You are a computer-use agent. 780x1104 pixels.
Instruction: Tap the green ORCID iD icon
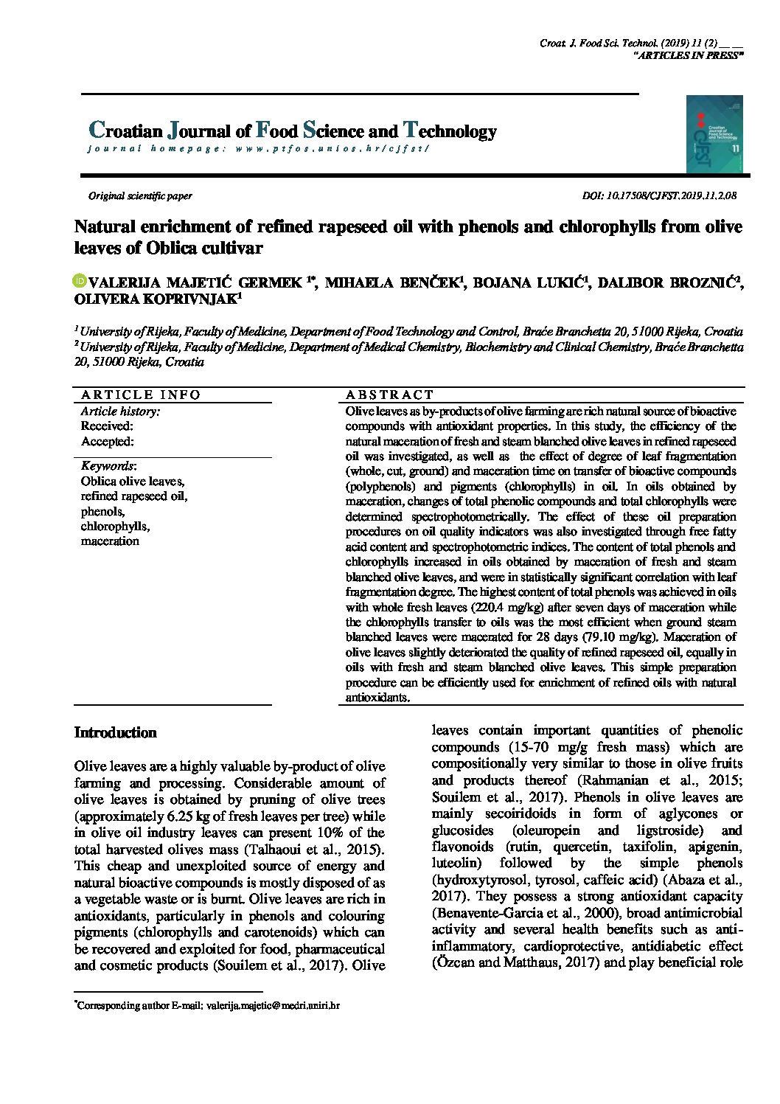[80, 281]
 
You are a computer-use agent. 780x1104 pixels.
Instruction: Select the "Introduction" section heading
[116, 732]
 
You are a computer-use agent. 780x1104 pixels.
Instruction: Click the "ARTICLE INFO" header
[141, 395]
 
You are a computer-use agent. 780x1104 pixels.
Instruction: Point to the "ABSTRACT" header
[390, 395]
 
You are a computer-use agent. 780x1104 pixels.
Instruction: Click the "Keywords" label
[108, 466]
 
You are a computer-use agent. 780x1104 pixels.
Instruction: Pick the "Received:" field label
[107, 426]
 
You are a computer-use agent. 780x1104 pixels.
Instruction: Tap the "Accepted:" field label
[108, 442]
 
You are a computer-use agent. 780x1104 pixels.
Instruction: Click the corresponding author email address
[273, 1004]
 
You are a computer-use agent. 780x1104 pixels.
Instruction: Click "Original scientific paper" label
[140, 196]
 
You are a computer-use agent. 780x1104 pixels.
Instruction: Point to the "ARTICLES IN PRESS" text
[689, 56]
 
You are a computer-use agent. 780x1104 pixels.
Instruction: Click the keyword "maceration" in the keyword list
[110, 541]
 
